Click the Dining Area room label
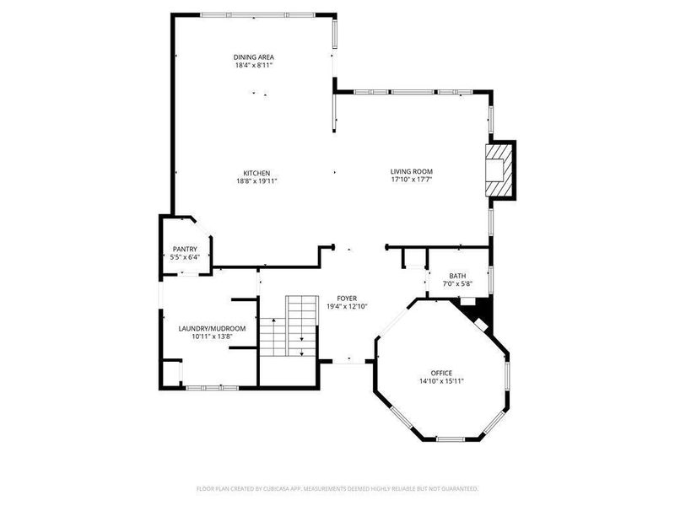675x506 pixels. pyautogui.click(x=253, y=57)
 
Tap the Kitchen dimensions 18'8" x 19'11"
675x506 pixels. pyautogui.click(x=256, y=180)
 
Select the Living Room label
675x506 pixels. pyautogui.click(x=411, y=172)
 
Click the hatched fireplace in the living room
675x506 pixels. pyautogui.click(x=498, y=170)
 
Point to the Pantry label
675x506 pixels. pyautogui.click(x=185, y=249)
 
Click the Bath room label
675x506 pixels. pyautogui.click(x=457, y=276)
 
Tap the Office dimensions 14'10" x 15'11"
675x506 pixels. pyautogui.click(x=441, y=381)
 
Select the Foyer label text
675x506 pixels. pyautogui.click(x=347, y=299)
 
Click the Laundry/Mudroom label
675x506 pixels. pyautogui.click(x=212, y=328)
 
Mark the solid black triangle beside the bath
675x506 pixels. pyautogui.click(x=478, y=313)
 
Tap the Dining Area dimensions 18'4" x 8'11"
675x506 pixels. pyautogui.click(x=253, y=66)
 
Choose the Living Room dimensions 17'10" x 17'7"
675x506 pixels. pyautogui.click(x=411, y=180)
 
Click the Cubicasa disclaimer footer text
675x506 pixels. pyautogui.click(x=337, y=488)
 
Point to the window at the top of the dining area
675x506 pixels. pyautogui.click(x=258, y=14)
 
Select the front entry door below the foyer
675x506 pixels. pyautogui.click(x=347, y=362)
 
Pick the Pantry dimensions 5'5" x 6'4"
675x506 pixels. pyautogui.click(x=185, y=257)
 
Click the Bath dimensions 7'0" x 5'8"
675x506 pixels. pyautogui.click(x=457, y=284)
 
